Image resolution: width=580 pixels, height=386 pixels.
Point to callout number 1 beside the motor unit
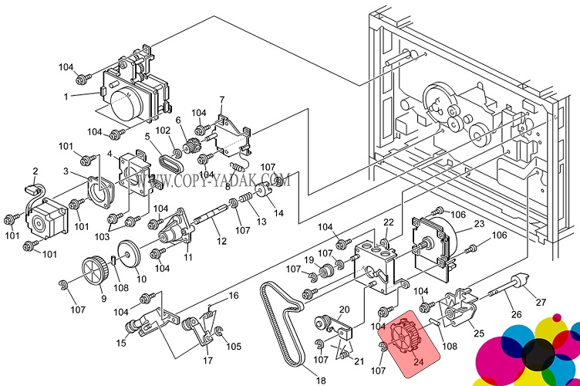(x=67, y=96)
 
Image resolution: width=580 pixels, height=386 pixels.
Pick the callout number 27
(x=540, y=302)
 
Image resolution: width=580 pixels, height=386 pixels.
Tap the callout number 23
(x=478, y=225)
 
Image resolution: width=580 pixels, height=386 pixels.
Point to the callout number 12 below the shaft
(x=221, y=242)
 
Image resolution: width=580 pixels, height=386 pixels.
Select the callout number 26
(x=517, y=313)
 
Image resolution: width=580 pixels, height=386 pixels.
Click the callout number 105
(x=233, y=346)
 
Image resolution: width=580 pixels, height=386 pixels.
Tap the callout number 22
(x=389, y=222)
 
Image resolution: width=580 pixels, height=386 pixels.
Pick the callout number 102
(x=163, y=130)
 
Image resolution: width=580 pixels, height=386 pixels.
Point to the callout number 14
(x=278, y=213)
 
